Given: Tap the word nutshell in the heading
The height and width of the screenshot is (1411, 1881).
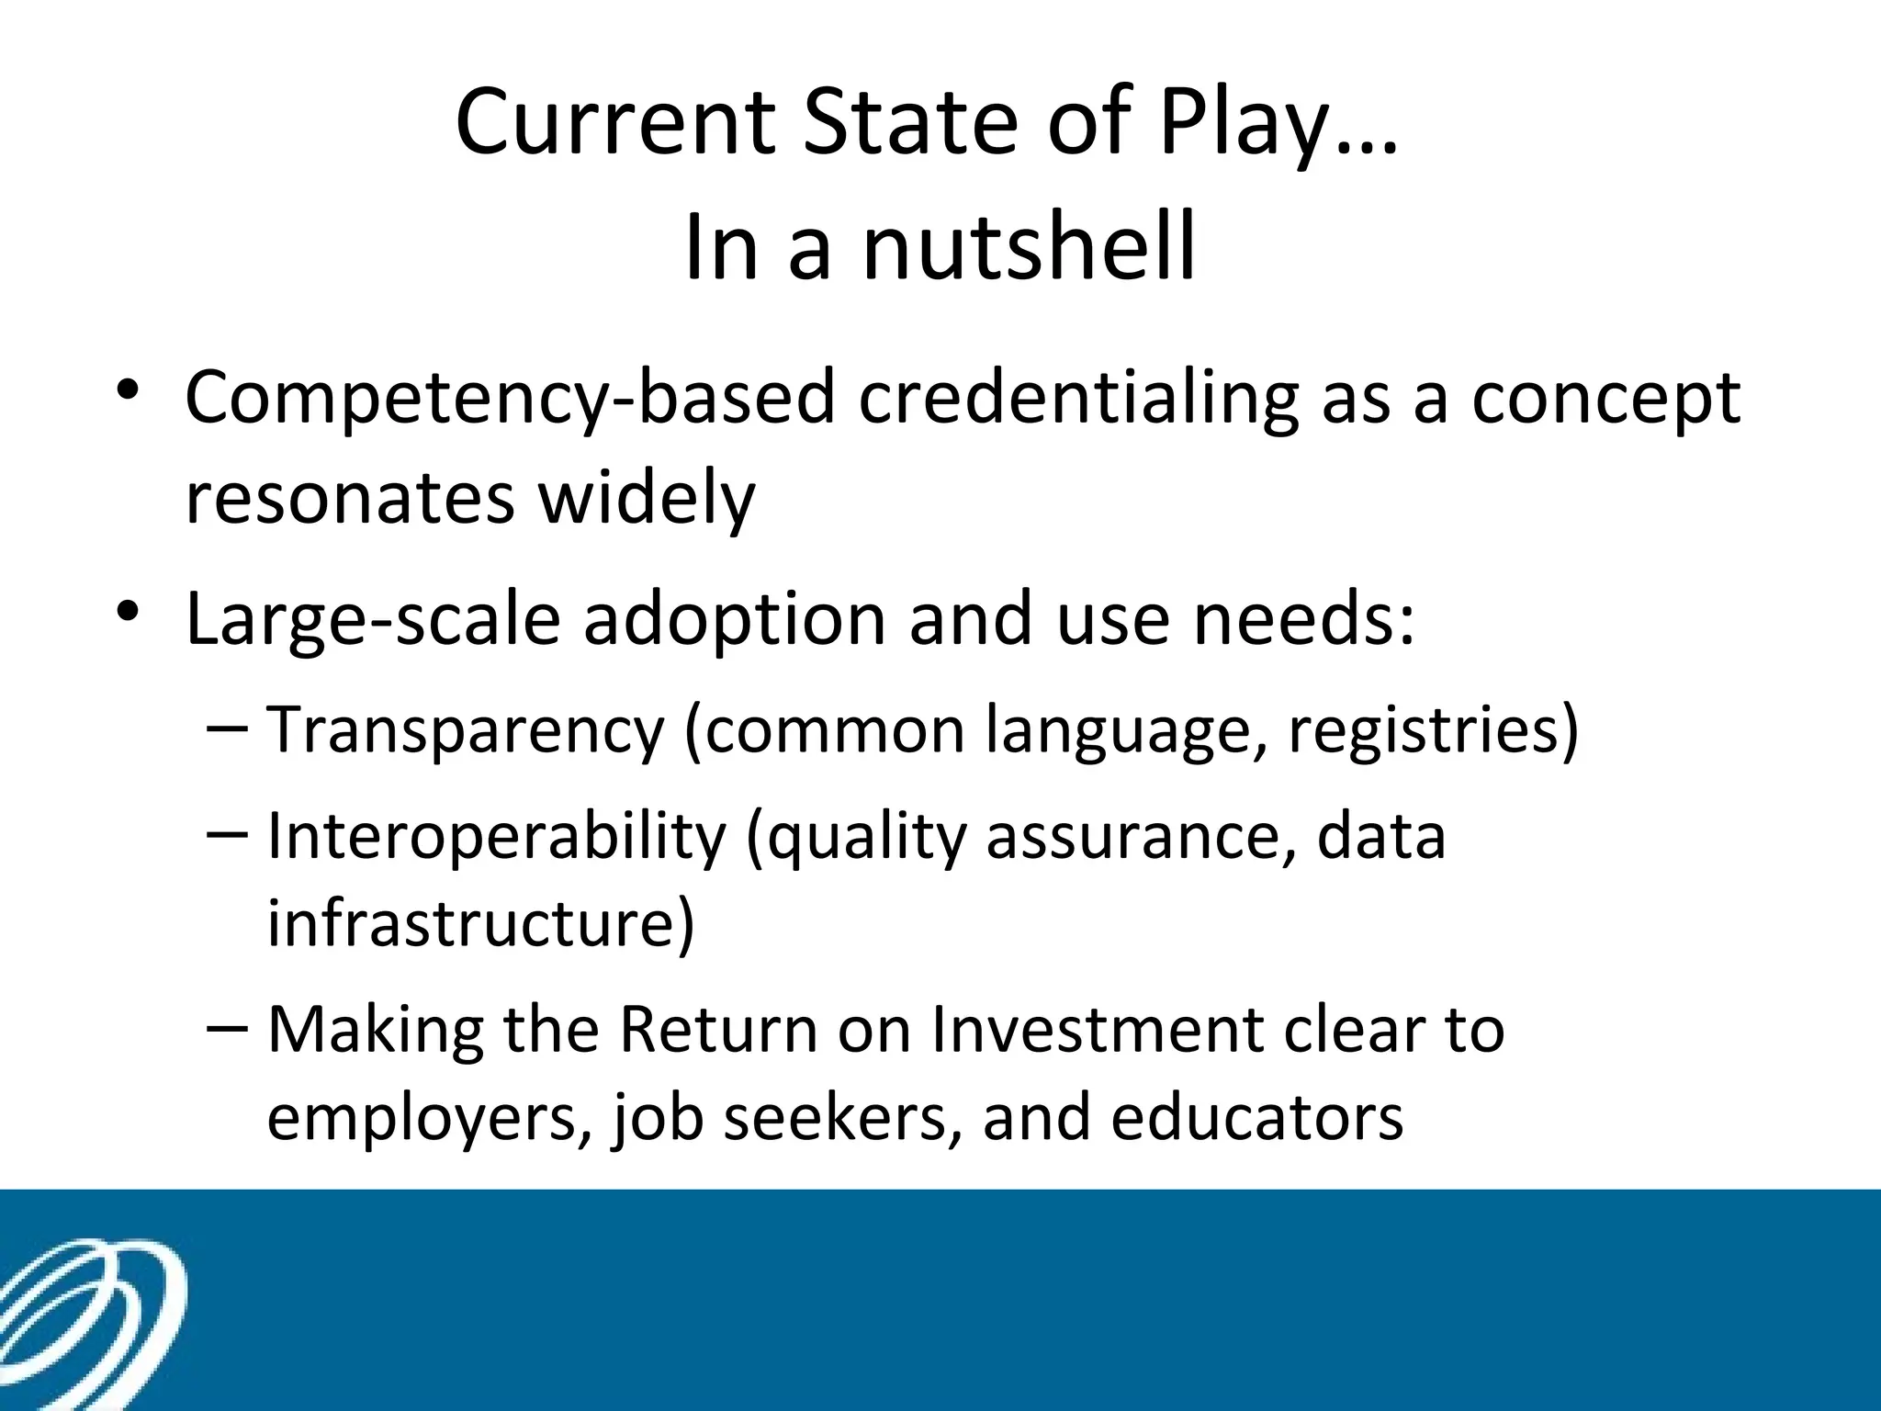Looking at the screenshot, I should (x=1029, y=246).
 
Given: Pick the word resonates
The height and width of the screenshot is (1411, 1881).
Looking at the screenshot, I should (x=350, y=498).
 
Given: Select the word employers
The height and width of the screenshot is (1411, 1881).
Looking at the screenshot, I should (x=422, y=1118).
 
